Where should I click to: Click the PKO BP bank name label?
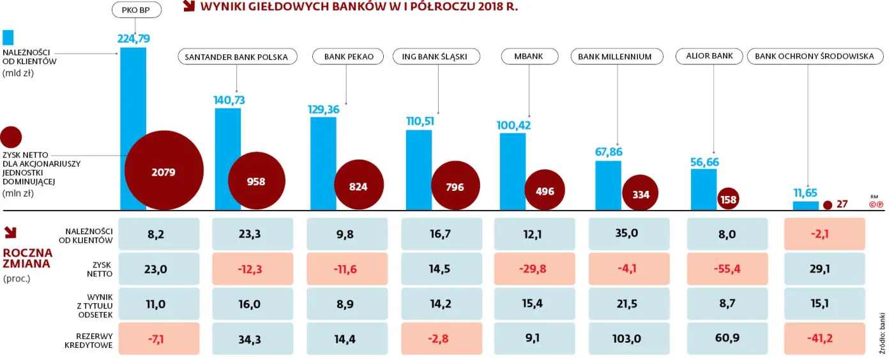coord(135,10)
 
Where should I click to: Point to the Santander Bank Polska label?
coord(236,57)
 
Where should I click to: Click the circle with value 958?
coord(255,181)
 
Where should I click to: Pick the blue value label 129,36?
coord(324,109)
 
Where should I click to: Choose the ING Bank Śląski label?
coord(434,57)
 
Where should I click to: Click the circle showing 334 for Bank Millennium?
coord(640,195)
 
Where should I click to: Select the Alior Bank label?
coord(709,56)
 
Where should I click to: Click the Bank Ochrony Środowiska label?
coord(814,57)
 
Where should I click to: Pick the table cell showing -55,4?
coord(727,269)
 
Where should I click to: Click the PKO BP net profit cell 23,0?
coord(156,269)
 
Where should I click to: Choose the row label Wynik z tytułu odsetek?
coord(94,305)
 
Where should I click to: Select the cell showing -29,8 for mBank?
coord(534,269)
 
